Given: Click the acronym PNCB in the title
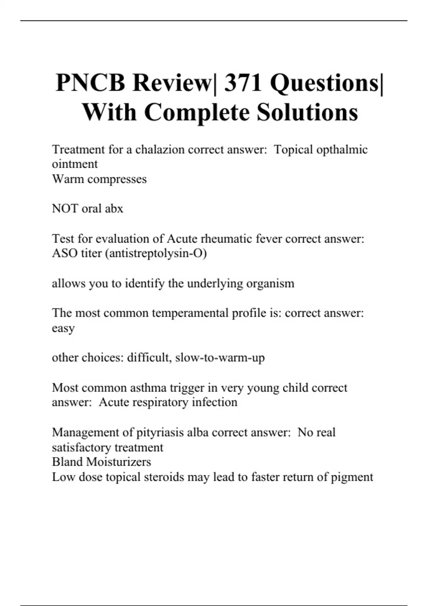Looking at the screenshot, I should point(91,83).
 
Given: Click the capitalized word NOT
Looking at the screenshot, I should point(65,209).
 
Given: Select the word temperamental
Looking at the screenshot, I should point(190,313).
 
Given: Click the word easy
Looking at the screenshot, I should point(63,328).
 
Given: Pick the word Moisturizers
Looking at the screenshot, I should point(119,462).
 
